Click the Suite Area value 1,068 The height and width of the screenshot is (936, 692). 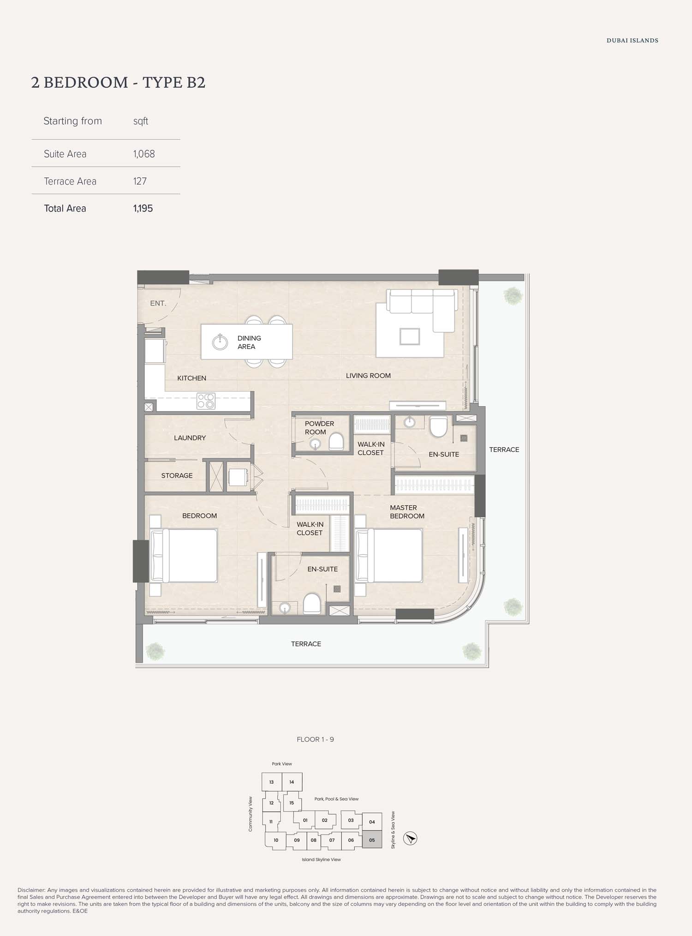tap(144, 154)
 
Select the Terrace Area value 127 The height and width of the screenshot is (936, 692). tap(140, 181)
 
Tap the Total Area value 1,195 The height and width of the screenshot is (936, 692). tap(143, 208)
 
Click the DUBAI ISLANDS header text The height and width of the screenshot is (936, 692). tap(632, 41)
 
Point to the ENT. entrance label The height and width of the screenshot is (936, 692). tap(158, 303)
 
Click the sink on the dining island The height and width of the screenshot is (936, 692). tap(220, 342)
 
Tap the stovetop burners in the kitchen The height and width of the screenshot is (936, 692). tap(206, 401)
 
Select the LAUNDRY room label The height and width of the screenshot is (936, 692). tap(190, 438)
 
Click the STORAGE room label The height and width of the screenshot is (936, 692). tap(177, 476)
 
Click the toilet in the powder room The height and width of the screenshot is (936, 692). tap(336, 441)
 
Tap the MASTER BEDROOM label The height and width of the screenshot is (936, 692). tap(407, 512)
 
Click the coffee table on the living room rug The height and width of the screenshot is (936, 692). tap(410, 336)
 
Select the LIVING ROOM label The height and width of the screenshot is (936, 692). tap(368, 376)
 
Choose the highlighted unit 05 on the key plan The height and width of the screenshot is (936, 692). tap(372, 840)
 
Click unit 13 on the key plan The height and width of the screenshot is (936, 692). tap(272, 782)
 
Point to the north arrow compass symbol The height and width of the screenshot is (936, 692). tap(410, 838)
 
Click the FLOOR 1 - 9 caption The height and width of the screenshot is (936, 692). tap(316, 739)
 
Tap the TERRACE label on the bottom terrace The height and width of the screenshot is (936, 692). tap(306, 644)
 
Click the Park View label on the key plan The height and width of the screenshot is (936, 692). tap(282, 764)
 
